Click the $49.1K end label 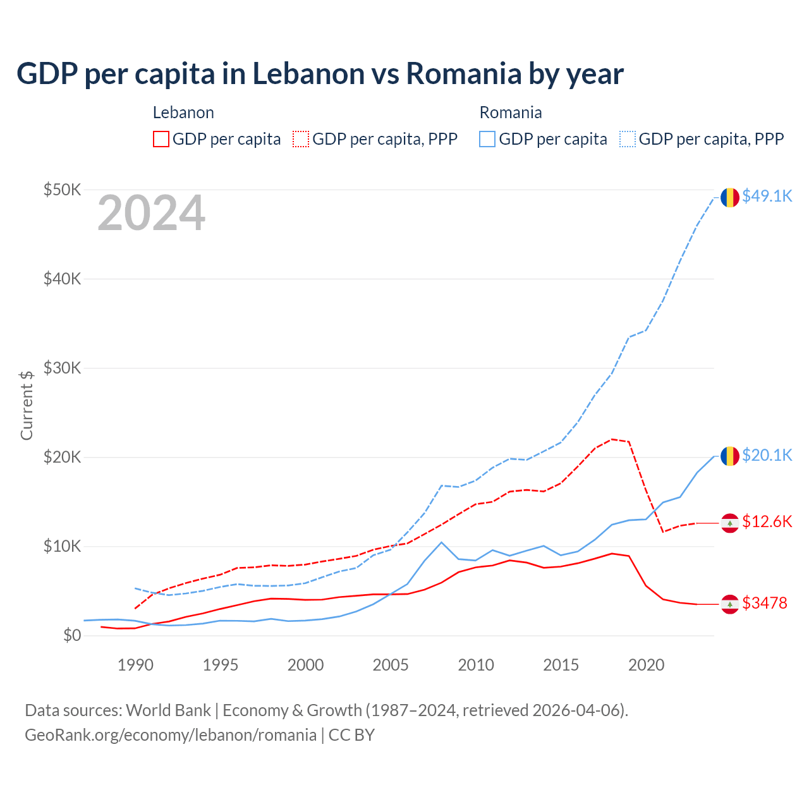point(767,197)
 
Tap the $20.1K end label point(767,455)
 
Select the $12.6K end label point(767,521)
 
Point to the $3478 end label point(764,603)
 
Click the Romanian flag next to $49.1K point(730,197)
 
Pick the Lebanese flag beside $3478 point(730,604)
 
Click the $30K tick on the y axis point(62,368)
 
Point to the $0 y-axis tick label point(72,635)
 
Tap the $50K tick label point(62,190)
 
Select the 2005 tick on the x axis point(391,665)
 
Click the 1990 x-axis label point(135,665)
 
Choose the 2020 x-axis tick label point(646,665)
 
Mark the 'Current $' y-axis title point(27,405)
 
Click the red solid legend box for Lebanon point(161,139)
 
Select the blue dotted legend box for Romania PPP point(628,139)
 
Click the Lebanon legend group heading point(183,113)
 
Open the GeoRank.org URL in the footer point(171,735)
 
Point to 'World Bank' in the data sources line point(168,710)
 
